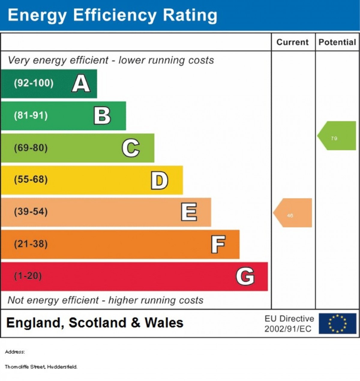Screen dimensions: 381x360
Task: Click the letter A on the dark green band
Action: tap(81, 83)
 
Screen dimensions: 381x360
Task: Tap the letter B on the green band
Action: tap(102, 115)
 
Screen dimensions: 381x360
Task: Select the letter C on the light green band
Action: tap(131, 148)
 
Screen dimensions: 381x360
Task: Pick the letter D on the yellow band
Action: tap(159, 180)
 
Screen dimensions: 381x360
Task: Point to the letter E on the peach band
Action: tap(189, 212)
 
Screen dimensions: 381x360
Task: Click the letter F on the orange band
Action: tap(218, 244)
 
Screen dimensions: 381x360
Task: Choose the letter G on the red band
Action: tap(245, 276)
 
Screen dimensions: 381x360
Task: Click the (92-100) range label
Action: tap(34, 83)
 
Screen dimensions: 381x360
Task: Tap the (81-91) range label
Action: tap(31, 115)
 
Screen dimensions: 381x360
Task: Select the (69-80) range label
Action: tap(31, 148)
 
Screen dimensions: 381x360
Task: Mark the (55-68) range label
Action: tap(31, 180)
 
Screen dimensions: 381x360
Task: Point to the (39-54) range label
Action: tap(31, 212)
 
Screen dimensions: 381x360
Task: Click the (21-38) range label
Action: tap(31, 244)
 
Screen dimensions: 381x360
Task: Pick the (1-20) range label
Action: tap(28, 276)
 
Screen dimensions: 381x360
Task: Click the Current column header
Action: tap(292, 42)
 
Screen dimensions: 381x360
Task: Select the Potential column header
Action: tap(337, 42)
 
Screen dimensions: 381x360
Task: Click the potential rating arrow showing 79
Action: tap(337, 136)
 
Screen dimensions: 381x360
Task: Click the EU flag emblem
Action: tap(337, 324)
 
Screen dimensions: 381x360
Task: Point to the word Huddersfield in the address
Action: tap(62, 367)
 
